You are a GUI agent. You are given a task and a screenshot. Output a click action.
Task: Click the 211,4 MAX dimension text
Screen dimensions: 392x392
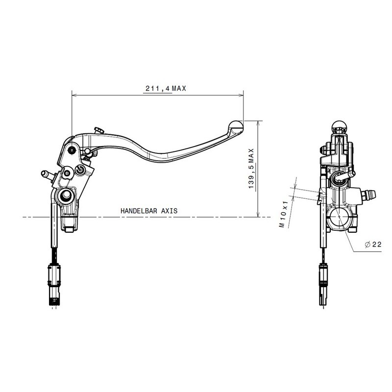pyautogui.click(x=165, y=89)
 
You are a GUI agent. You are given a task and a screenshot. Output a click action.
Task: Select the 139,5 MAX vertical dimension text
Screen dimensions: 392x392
pyautogui.click(x=251, y=169)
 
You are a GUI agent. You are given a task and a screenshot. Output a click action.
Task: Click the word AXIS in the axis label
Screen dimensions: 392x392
pyautogui.click(x=168, y=210)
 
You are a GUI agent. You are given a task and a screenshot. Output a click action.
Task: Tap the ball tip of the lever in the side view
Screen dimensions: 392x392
pyautogui.click(x=236, y=125)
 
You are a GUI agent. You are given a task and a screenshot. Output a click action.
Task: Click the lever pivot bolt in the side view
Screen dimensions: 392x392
pyautogui.click(x=73, y=149)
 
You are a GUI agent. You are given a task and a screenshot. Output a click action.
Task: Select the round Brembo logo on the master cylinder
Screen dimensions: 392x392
pyautogui.click(x=81, y=170)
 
